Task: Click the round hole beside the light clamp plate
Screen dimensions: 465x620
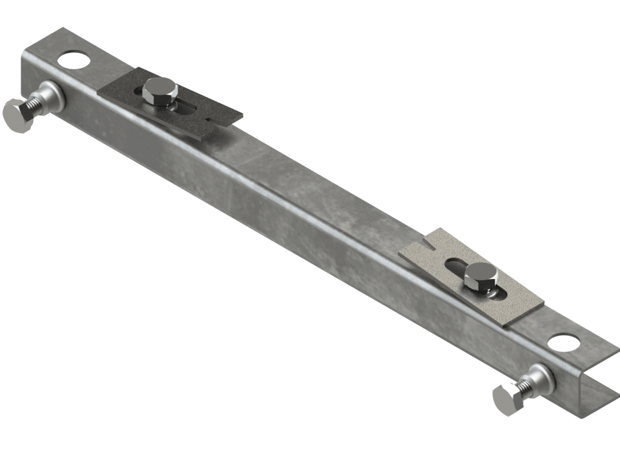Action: click(564, 342)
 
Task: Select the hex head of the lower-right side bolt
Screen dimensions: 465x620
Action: click(506, 399)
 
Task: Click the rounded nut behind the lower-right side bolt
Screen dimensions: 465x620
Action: click(541, 377)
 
